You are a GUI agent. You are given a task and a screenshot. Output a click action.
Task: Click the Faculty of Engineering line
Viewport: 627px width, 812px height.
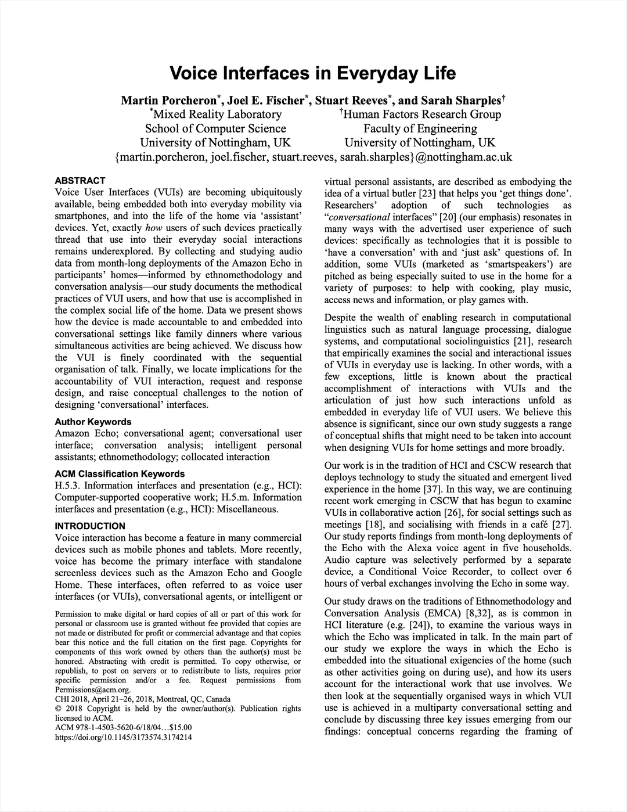[x=420, y=128]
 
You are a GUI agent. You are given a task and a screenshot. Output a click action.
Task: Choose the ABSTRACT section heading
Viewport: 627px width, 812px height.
[x=80, y=181]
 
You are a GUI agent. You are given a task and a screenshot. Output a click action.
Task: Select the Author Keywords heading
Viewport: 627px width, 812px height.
[x=93, y=422]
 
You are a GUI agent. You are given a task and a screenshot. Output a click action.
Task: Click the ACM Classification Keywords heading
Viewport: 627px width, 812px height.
[x=120, y=474]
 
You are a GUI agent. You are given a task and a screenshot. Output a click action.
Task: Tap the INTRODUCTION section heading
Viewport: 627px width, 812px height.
[x=90, y=526]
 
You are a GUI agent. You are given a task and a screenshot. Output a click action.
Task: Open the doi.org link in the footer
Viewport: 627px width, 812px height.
[x=123, y=738]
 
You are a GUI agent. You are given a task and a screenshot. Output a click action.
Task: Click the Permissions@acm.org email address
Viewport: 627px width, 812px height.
[x=92, y=689]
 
